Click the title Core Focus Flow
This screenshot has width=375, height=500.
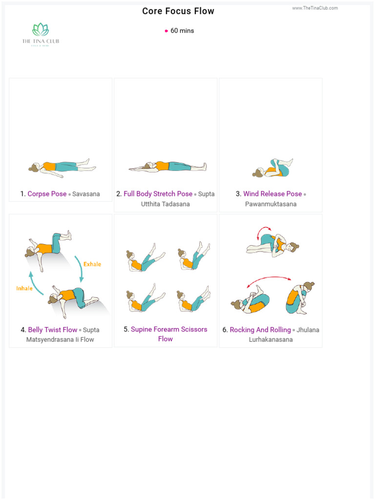click(178, 11)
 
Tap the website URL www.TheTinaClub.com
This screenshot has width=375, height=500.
click(315, 8)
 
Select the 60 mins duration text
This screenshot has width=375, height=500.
click(182, 31)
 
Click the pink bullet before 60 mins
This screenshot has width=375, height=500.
click(167, 31)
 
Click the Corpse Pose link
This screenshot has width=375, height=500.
click(47, 194)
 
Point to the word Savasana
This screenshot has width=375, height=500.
click(86, 194)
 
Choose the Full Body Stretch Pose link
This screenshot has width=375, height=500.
click(158, 194)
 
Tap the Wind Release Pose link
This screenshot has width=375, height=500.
click(272, 194)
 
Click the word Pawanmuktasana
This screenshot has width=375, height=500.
click(271, 204)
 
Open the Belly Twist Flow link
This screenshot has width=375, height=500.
click(53, 330)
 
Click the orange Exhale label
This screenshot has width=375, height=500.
click(92, 264)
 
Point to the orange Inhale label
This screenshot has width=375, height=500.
click(24, 288)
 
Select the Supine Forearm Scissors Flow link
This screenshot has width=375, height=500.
click(168, 330)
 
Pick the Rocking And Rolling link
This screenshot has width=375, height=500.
click(260, 330)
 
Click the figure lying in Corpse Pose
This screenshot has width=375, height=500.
click(61, 167)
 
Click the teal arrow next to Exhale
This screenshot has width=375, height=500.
click(79, 268)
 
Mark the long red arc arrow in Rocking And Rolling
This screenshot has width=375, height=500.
click(269, 280)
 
